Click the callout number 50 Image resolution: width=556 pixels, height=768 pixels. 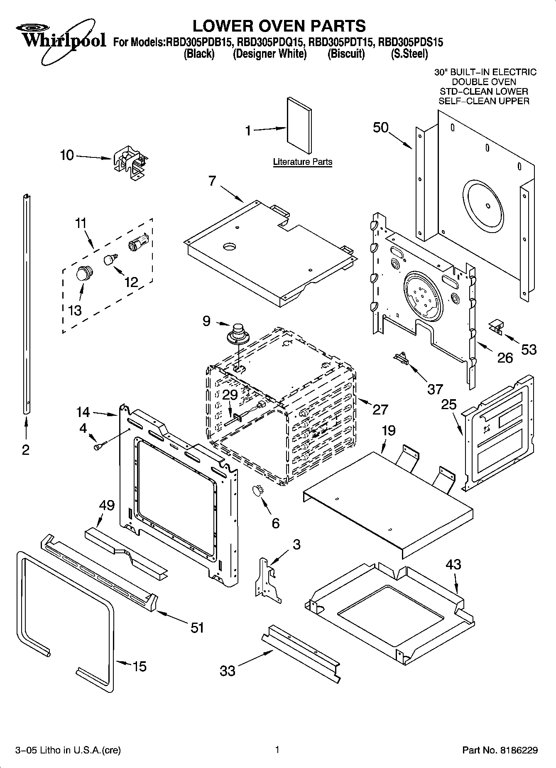(x=380, y=128)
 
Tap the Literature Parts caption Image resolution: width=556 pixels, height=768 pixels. (x=302, y=162)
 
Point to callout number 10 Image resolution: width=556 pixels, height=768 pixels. (x=66, y=156)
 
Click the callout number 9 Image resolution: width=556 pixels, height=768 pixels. (x=206, y=321)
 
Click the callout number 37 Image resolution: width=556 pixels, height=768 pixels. (x=435, y=389)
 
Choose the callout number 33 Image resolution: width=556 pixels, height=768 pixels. (x=228, y=670)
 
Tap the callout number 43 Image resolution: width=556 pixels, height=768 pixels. (x=453, y=564)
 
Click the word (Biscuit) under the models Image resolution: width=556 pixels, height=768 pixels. (x=346, y=54)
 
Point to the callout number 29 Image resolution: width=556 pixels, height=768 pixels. (x=230, y=395)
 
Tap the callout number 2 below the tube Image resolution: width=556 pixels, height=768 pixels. (x=26, y=450)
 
